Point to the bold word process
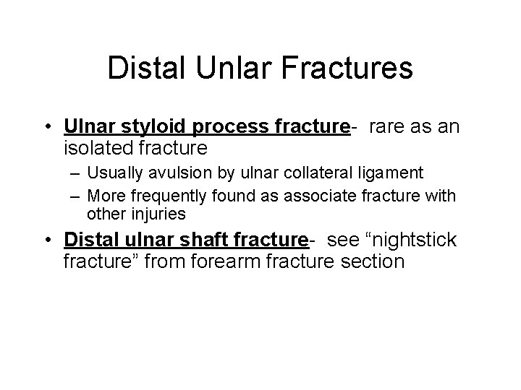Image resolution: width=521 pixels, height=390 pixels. tap(226, 127)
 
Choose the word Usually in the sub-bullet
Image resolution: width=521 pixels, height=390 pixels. tap(111, 173)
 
